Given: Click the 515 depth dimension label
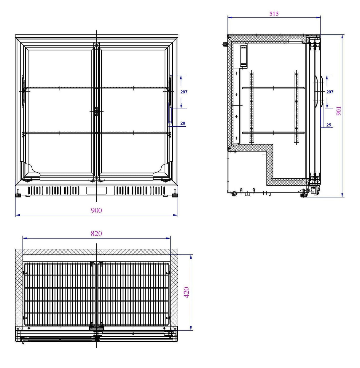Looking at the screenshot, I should [x=274, y=14].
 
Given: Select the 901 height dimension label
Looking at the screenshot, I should [x=339, y=111].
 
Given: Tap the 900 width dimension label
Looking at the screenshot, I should [x=96, y=211].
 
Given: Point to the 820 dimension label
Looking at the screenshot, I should [x=96, y=234].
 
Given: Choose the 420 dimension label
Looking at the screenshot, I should [x=187, y=292].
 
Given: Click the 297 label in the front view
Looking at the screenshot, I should [x=184, y=92].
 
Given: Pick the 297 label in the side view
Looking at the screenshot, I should [x=330, y=92].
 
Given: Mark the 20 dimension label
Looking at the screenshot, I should [x=183, y=123].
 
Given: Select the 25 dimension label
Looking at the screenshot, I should [x=329, y=125].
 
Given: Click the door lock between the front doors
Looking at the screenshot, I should [x=96, y=111].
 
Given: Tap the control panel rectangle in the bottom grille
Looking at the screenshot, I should [x=96, y=190].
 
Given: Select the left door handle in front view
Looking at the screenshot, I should [x=22, y=92].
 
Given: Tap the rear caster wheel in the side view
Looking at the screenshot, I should [x=234, y=194].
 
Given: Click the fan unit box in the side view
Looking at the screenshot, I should [x=243, y=55].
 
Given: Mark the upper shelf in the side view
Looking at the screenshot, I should [x=273, y=88].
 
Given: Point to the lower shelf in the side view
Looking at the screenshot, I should [x=273, y=133].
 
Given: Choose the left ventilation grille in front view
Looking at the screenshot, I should [x=53, y=190].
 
